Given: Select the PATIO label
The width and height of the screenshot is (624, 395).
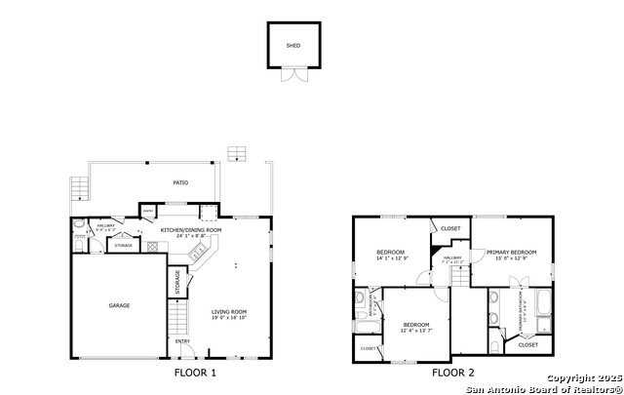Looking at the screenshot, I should coord(181,182).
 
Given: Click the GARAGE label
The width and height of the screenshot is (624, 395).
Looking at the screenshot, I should coord(119,305).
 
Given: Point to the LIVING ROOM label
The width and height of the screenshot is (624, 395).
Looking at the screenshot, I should coord(230,311).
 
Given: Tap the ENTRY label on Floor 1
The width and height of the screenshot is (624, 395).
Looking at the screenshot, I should coord(182,341).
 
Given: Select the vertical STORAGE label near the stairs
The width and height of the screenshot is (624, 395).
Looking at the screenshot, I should coord(177,282).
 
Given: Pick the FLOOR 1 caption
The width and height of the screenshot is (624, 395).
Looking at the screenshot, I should coord(195,373).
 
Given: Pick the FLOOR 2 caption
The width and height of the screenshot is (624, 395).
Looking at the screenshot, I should coord(453,373).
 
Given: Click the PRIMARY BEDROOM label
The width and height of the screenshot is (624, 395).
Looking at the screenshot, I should coord(512,252).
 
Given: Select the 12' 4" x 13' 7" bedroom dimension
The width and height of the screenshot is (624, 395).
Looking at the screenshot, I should coord(416,330).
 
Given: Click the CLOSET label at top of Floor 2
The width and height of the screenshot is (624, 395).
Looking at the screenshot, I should coord(450,228).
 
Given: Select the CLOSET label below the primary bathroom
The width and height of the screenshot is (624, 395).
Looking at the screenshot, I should coord(527,344).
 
